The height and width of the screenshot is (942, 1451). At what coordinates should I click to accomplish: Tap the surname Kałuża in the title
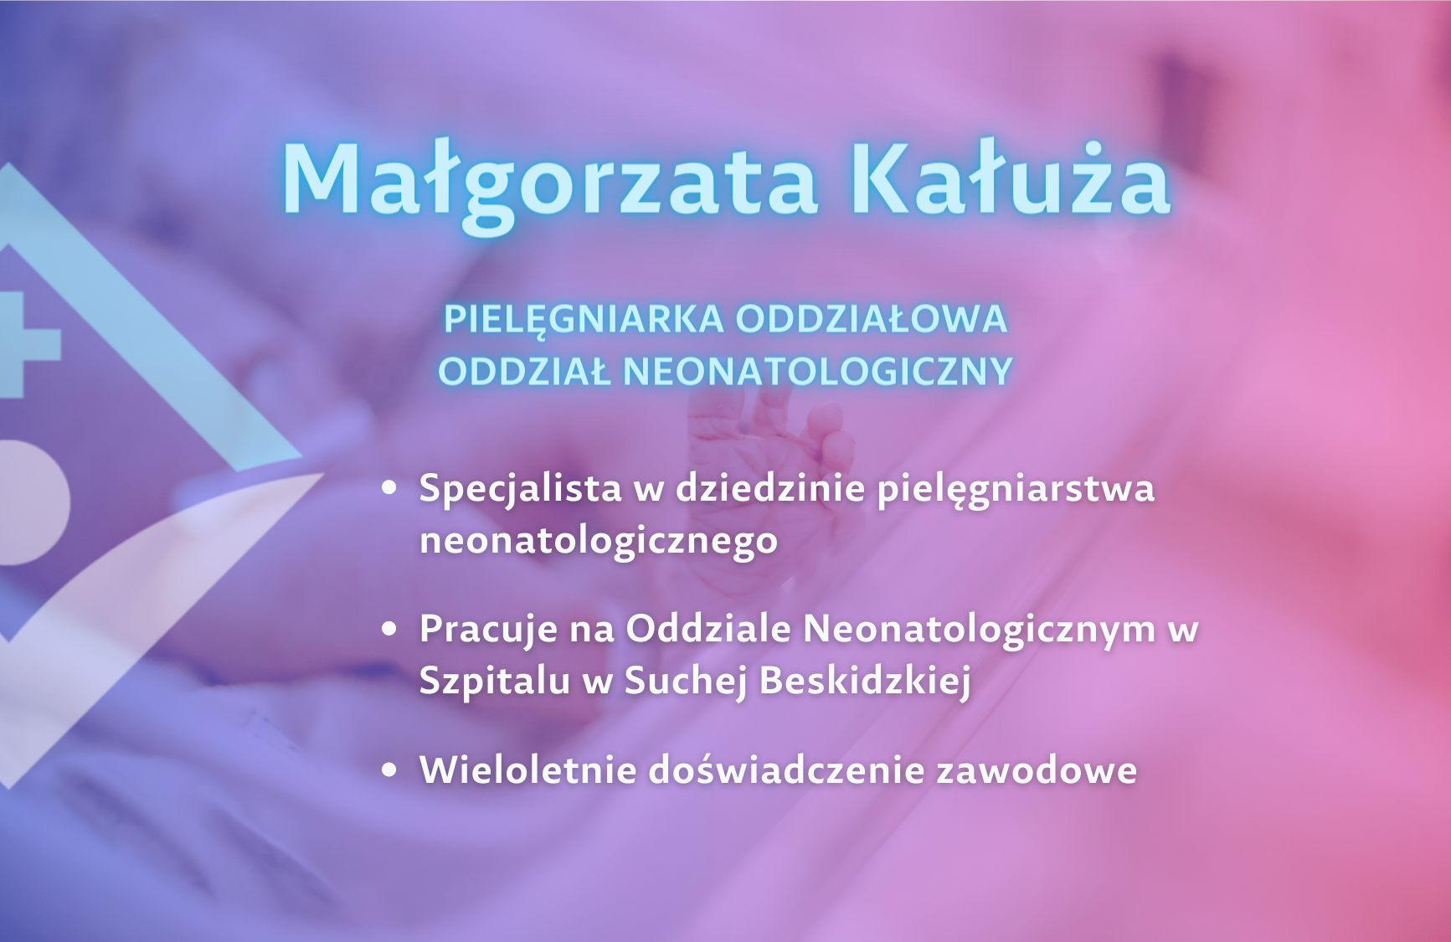pos(1010,178)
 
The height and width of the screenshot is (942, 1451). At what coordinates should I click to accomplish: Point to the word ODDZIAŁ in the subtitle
pos(524,372)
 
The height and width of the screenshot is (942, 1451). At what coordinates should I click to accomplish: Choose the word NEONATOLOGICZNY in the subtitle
pos(818,372)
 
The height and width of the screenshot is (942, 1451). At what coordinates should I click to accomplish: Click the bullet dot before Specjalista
pos(388,487)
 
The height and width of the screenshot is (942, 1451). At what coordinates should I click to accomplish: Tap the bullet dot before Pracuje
pos(388,628)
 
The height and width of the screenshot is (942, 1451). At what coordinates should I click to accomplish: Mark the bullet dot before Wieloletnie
pos(388,770)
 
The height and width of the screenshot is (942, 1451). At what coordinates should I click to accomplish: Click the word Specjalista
pos(520,489)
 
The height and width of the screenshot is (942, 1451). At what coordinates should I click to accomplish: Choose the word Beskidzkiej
pos(865,681)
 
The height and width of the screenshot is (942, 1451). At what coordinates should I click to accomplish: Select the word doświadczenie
pos(787,770)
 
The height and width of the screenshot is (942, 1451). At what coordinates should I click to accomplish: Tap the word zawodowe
pos(1037,770)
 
